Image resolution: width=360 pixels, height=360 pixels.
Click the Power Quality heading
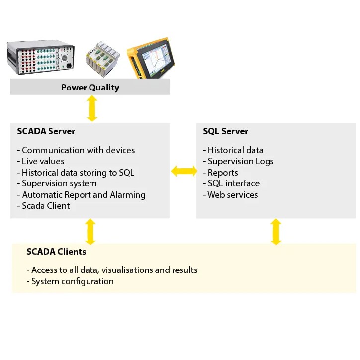(90, 88)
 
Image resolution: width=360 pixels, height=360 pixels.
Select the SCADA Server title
(46, 131)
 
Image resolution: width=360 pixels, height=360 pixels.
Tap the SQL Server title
(225, 131)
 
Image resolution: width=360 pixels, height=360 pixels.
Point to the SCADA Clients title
(56, 252)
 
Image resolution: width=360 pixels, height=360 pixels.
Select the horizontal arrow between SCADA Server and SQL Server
(183, 171)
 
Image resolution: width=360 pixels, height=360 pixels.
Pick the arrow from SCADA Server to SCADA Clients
(90, 231)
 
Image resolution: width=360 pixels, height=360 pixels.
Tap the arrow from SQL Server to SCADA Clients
(276, 231)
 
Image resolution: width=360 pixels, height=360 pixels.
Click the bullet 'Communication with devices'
(78, 150)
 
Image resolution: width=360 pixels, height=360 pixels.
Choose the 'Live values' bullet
(43, 161)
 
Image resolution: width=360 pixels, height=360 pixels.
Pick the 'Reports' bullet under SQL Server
(222, 173)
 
